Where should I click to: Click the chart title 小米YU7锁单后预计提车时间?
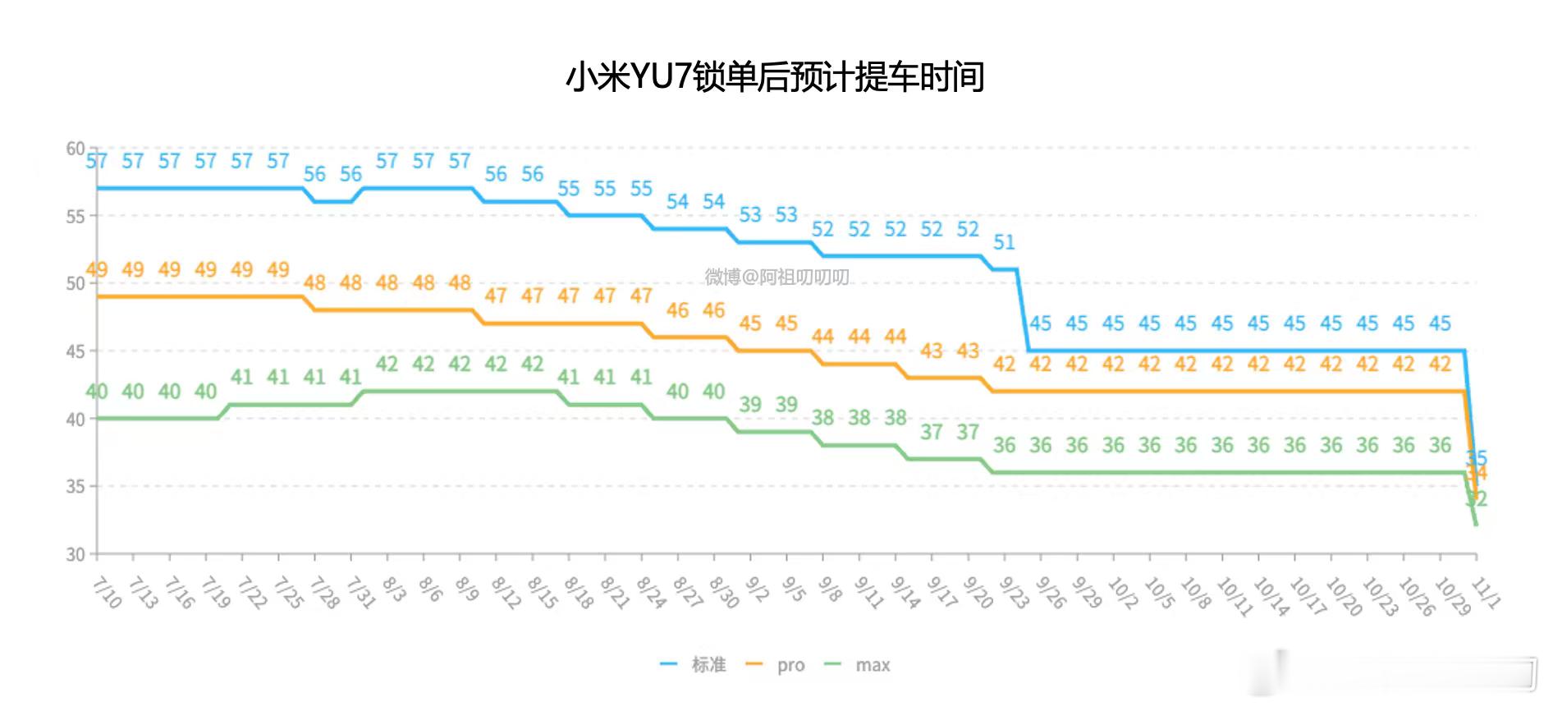click(775, 77)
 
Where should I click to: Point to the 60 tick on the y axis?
click(75, 149)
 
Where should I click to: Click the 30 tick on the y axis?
click(75, 554)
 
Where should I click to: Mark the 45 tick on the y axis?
click(75, 351)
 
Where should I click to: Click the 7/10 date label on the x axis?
click(107, 592)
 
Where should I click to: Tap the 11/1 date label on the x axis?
click(1487, 592)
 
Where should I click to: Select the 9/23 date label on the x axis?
click(1014, 592)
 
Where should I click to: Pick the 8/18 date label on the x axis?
click(579, 592)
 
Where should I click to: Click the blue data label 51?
click(1004, 242)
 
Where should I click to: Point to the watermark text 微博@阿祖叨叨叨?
click(776, 277)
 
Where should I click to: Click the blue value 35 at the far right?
click(1477, 457)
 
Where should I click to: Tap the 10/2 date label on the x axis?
click(1122, 592)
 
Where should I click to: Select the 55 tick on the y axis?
click(75, 217)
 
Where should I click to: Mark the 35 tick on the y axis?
click(75, 486)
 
